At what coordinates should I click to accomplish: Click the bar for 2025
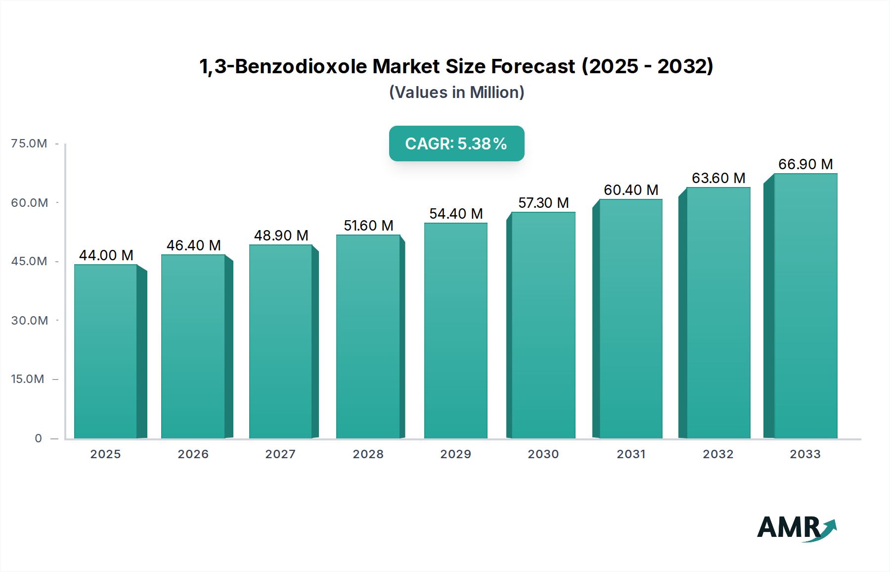(106, 351)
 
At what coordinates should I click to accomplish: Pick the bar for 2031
(630, 319)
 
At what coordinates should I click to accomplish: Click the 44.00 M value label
(106, 255)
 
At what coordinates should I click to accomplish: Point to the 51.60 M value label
(368, 226)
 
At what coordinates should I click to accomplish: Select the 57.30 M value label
(543, 203)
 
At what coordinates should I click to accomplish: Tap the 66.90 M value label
(805, 164)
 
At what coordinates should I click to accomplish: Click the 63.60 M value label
(718, 178)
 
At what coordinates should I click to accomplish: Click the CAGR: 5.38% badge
(456, 143)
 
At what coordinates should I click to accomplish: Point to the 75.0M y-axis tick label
(29, 143)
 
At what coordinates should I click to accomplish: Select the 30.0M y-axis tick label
(30, 321)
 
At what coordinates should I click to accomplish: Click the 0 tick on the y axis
(39, 438)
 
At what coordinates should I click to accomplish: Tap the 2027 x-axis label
(280, 454)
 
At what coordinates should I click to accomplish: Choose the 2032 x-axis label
(718, 454)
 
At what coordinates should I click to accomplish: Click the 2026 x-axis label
(193, 454)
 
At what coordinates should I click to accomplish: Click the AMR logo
(796, 528)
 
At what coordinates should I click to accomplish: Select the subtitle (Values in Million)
(456, 93)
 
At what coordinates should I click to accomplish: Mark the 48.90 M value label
(281, 236)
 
